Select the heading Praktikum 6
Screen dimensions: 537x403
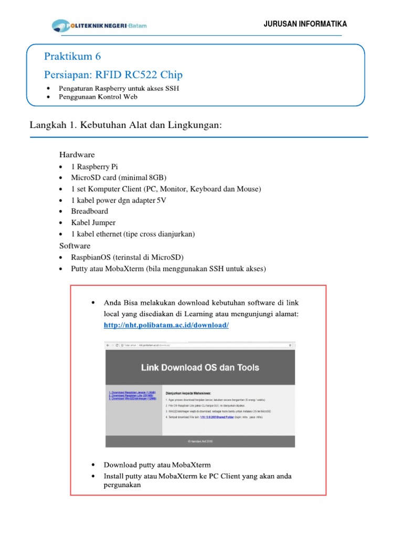click(x=72, y=57)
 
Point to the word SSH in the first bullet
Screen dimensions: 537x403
click(x=172, y=88)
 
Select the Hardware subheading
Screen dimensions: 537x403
click(x=77, y=155)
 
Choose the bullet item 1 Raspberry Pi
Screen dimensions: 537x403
click(x=94, y=167)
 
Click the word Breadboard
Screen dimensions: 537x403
click(x=90, y=211)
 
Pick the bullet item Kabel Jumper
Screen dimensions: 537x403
click(x=93, y=222)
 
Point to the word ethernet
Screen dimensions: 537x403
click(x=107, y=234)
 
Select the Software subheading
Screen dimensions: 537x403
click(x=75, y=245)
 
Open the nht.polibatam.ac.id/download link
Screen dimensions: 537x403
click(x=166, y=325)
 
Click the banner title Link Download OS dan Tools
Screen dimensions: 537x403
click(x=202, y=368)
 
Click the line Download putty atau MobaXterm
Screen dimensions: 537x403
click(x=157, y=465)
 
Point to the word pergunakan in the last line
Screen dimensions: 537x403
click(x=122, y=485)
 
